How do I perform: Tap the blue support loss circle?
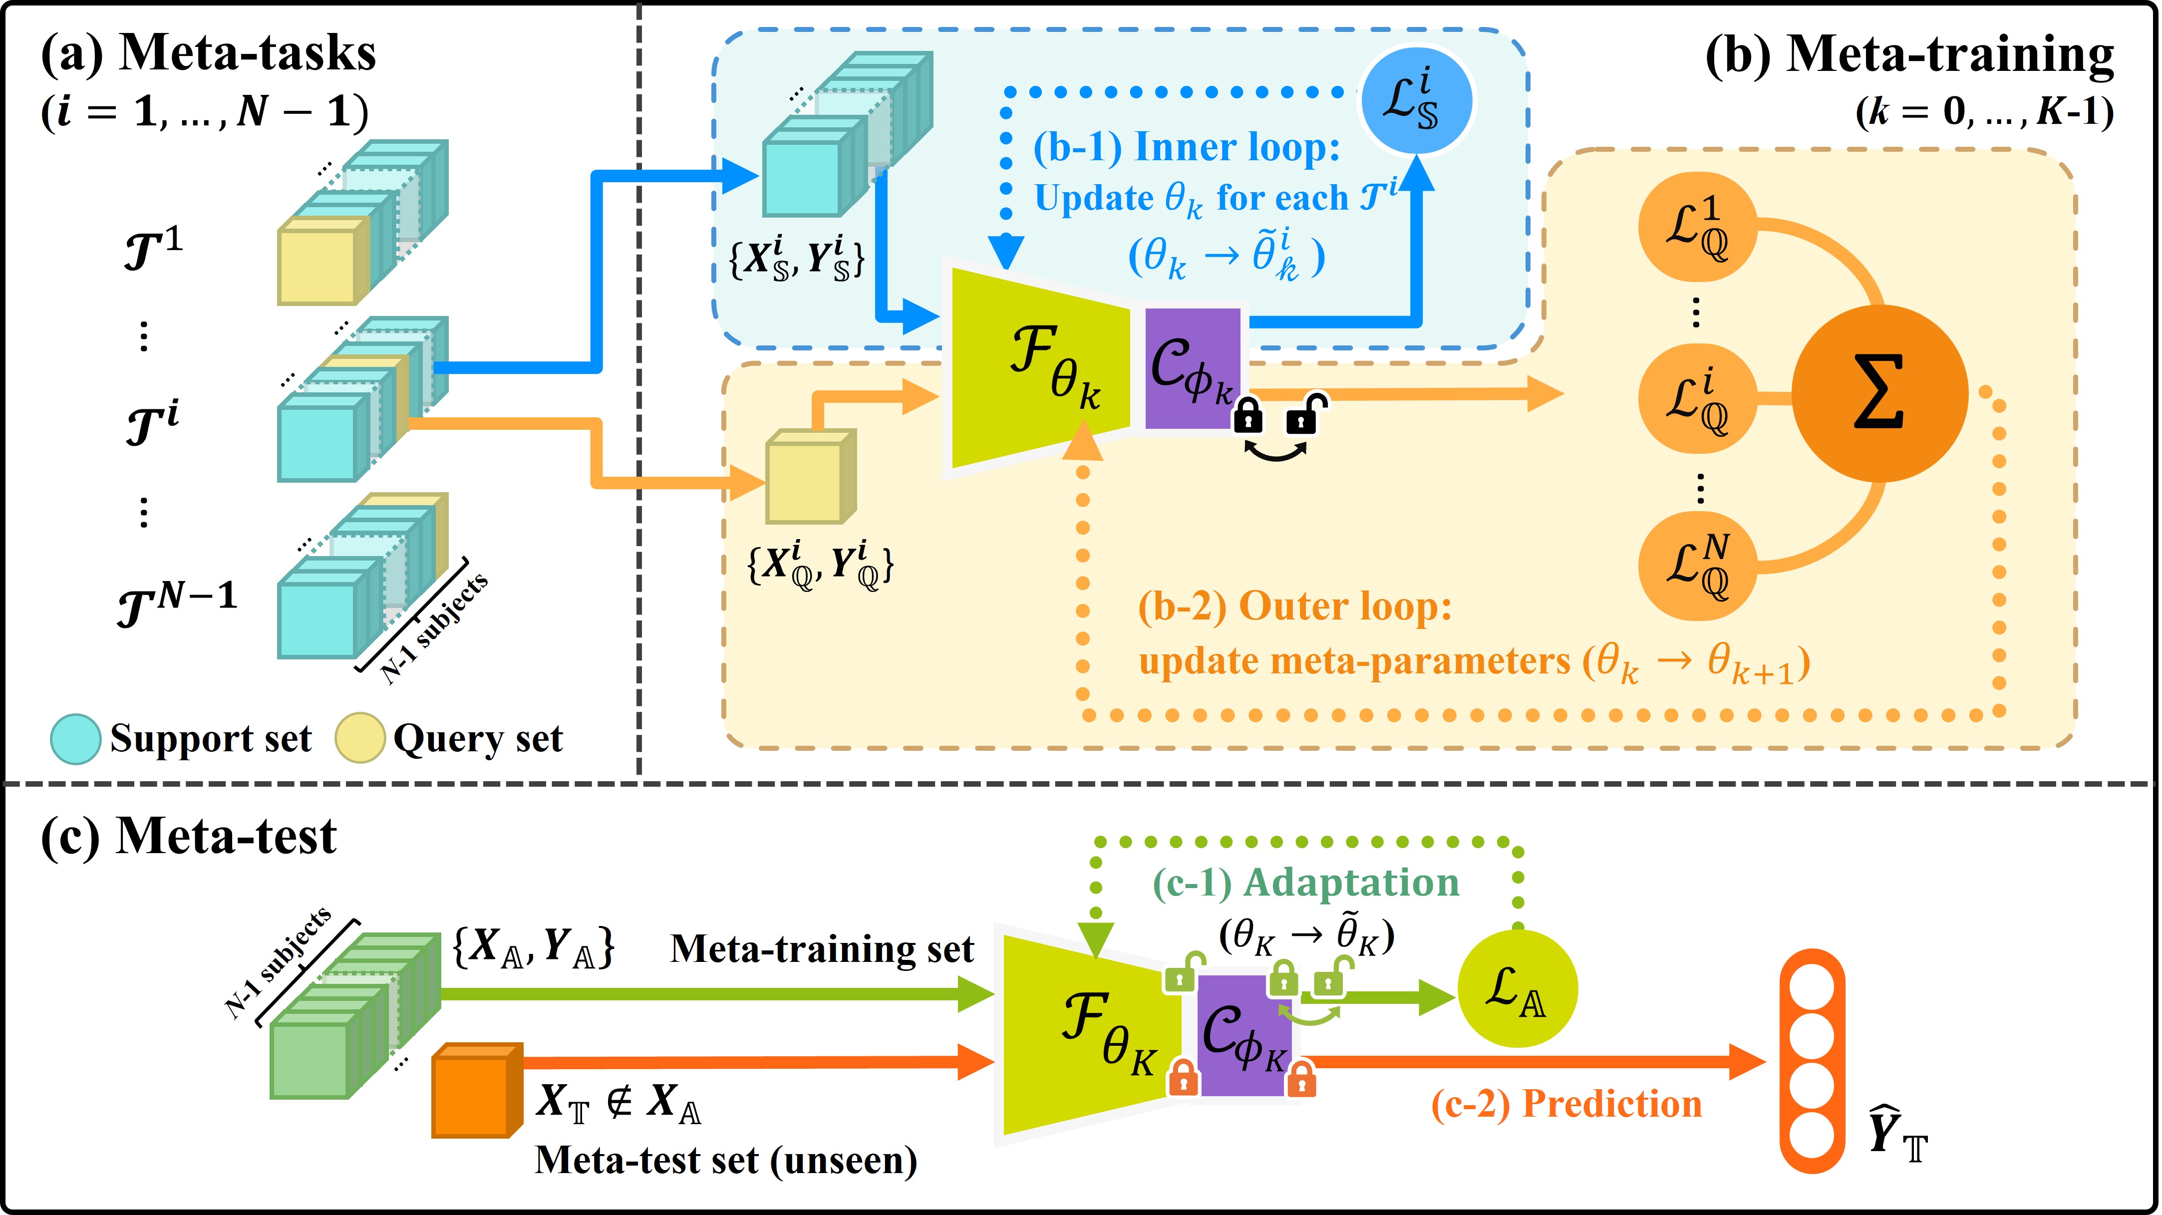tap(1415, 99)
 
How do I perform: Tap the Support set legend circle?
tap(75, 738)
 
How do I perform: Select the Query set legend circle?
tap(359, 738)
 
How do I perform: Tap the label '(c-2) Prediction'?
tap(1566, 1104)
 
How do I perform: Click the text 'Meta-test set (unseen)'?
tap(726, 1161)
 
